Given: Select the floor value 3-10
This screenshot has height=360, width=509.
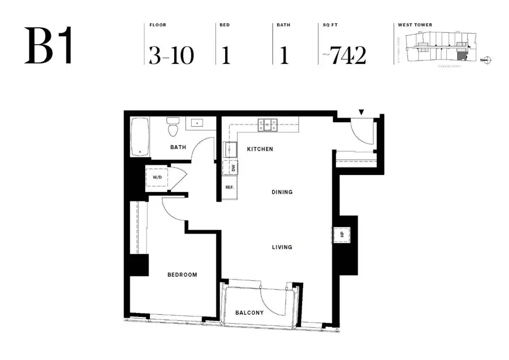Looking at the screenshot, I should tap(171, 55).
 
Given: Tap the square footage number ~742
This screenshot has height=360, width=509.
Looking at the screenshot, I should tap(344, 55).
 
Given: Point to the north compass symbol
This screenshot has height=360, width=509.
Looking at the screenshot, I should tap(489, 59).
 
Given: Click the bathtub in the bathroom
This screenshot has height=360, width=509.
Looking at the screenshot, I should tap(140, 136).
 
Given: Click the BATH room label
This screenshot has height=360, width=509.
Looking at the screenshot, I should tap(178, 148).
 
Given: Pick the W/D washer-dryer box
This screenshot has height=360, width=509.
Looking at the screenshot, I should tap(157, 178).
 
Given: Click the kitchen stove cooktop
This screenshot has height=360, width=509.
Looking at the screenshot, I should tap(268, 125).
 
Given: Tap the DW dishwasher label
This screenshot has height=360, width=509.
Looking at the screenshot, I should tap(233, 168).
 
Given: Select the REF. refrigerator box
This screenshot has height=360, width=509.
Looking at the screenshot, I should tap(230, 187).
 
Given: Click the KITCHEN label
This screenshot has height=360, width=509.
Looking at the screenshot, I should tap(260, 149).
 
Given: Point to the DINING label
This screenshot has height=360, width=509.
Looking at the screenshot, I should tap(281, 192).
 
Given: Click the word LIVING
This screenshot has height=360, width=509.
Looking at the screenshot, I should tap(281, 247).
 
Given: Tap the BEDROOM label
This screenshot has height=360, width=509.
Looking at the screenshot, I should tap(182, 275).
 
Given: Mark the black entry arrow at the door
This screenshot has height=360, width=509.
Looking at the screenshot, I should tap(361, 112).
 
